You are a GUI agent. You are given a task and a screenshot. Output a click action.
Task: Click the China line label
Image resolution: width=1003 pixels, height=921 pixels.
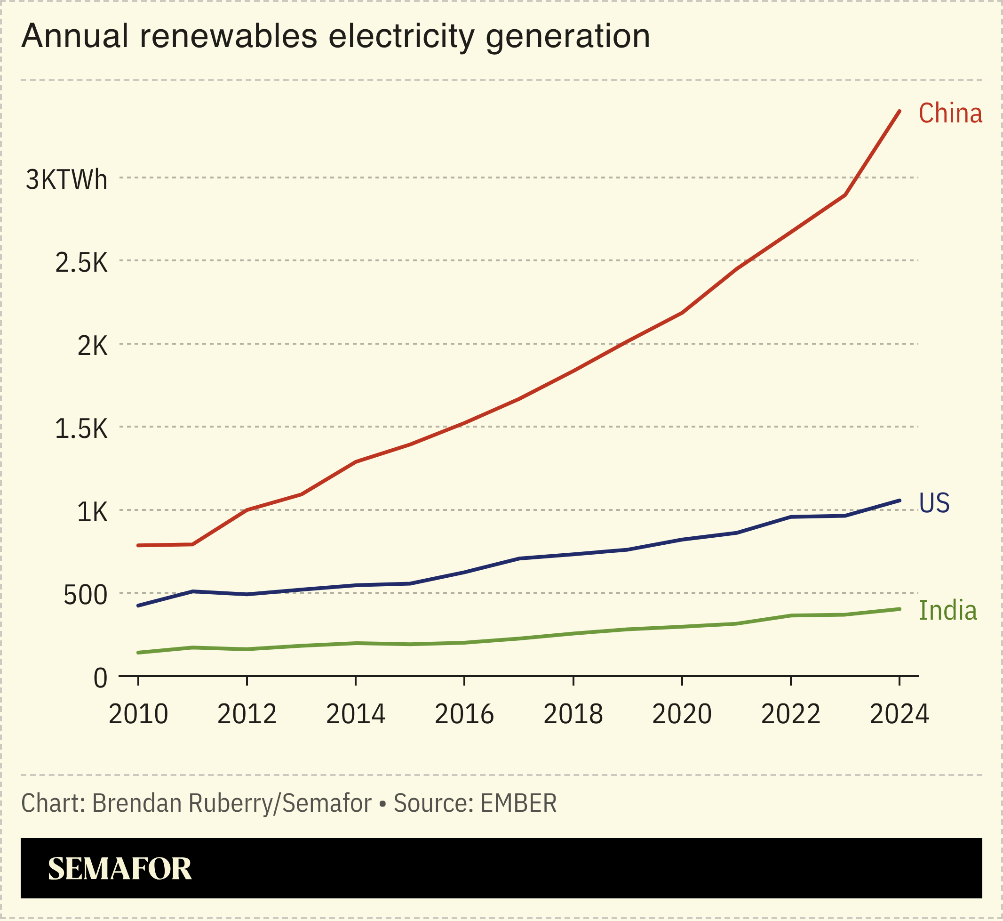pyautogui.click(x=950, y=113)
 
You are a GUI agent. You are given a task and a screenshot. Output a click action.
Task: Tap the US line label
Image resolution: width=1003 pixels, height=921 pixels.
pyautogui.click(x=934, y=503)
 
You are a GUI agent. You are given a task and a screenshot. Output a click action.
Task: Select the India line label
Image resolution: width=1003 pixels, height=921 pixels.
pyautogui.click(x=947, y=611)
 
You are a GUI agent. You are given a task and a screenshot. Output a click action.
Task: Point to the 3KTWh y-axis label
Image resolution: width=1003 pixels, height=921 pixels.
pyautogui.click(x=66, y=180)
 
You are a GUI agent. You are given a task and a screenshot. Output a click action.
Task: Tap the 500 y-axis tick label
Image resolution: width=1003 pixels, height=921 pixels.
pyautogui.click(x=85, y=596)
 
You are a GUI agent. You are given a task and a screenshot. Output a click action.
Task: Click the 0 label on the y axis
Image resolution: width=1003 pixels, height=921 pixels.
pyautogui.click(x=100, y=679)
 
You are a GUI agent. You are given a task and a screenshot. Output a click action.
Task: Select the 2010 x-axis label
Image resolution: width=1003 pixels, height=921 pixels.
pyautogui.click(x=138, y=714)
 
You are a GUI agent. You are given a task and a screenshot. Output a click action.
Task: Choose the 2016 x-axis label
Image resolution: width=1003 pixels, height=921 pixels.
pyautogui.click(x=464, y=714)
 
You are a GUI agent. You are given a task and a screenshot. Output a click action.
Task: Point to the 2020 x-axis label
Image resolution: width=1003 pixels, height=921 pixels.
pyautogui.click(x=682, y=714)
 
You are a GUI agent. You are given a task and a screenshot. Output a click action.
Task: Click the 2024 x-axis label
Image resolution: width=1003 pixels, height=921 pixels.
pyautogui.click(x=899, y=714)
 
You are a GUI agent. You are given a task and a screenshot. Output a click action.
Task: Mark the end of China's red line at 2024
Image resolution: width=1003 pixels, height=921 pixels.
pyautogui.click(x=899, y=111)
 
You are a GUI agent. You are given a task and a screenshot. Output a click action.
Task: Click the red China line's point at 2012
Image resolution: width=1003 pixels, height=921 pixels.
pyautogui.click(x=247, y=510)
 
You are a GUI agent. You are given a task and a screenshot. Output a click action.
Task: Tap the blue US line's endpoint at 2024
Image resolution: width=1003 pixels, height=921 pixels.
pyautogui.click(x=899, y=501)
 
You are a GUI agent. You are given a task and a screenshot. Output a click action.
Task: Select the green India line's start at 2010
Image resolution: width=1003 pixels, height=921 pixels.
pyautogui.click(x=138, y=653)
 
